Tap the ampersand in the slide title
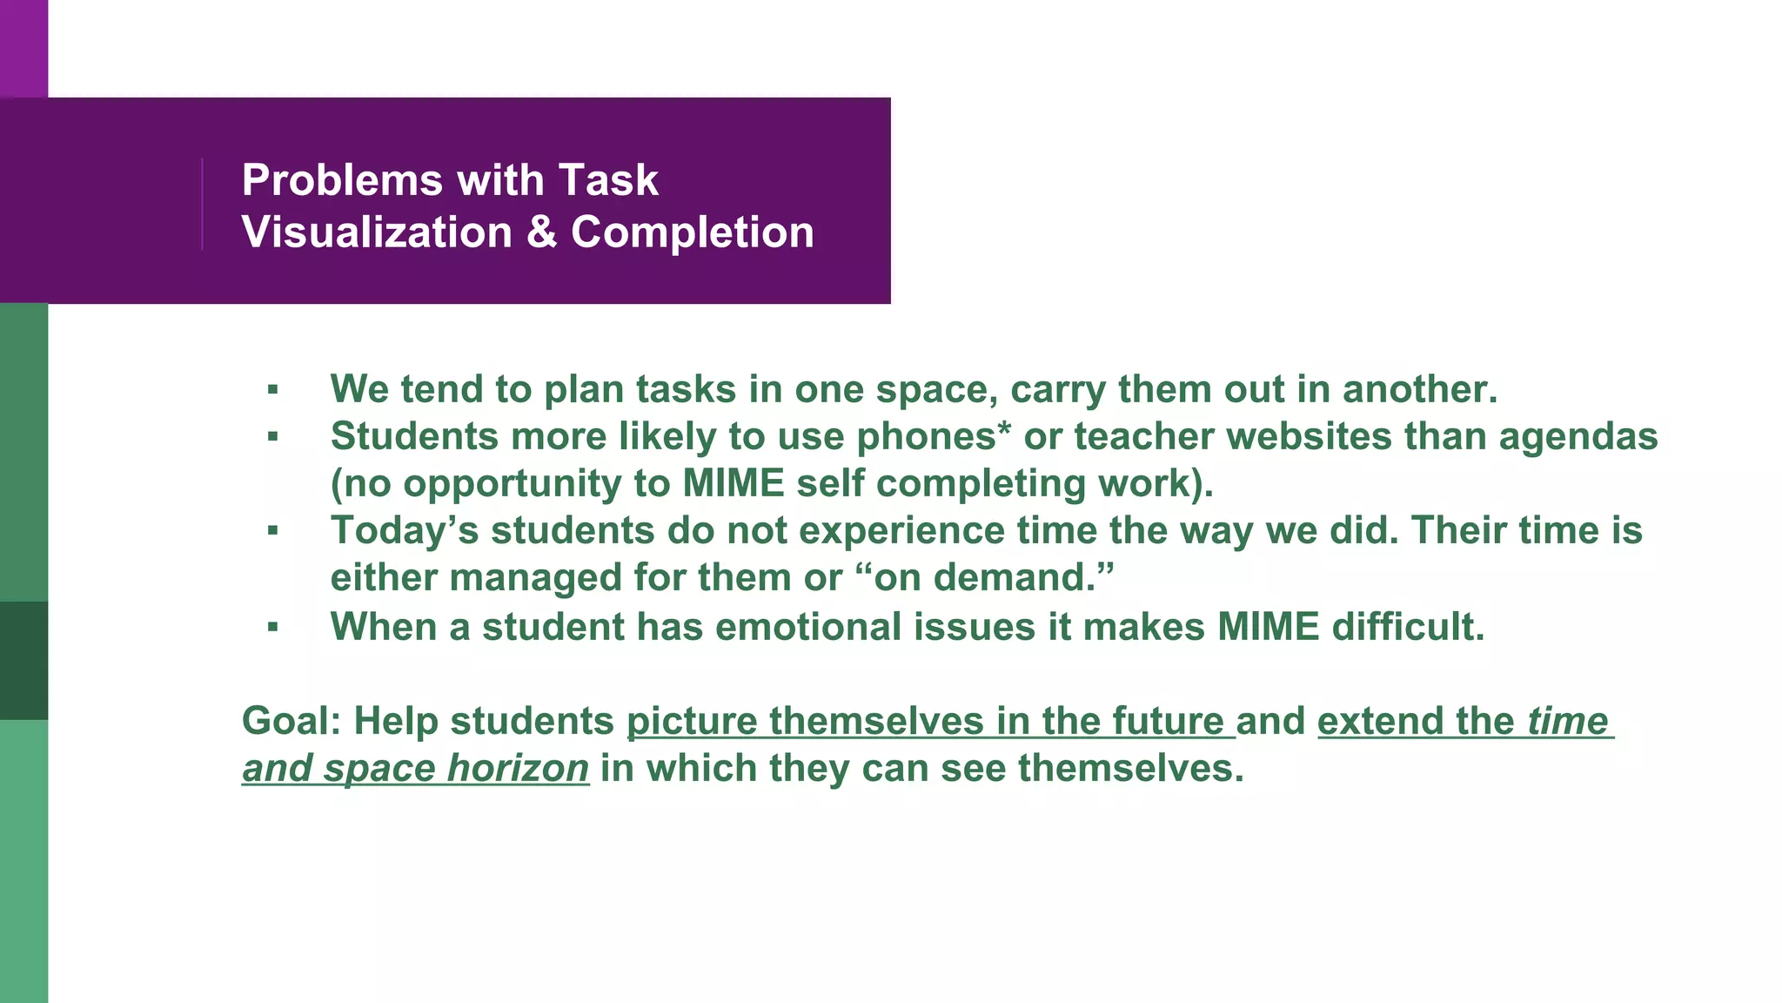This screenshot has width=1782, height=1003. coord(541,232)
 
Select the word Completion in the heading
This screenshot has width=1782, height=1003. coord(693,232)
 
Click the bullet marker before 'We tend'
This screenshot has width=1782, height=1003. coord(273,390)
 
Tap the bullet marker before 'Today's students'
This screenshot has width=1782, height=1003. coord(273,530)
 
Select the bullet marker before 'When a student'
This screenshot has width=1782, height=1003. coord(273,627)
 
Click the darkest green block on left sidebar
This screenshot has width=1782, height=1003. coord(23,660)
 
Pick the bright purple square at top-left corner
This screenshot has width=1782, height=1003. coord(23,48)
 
